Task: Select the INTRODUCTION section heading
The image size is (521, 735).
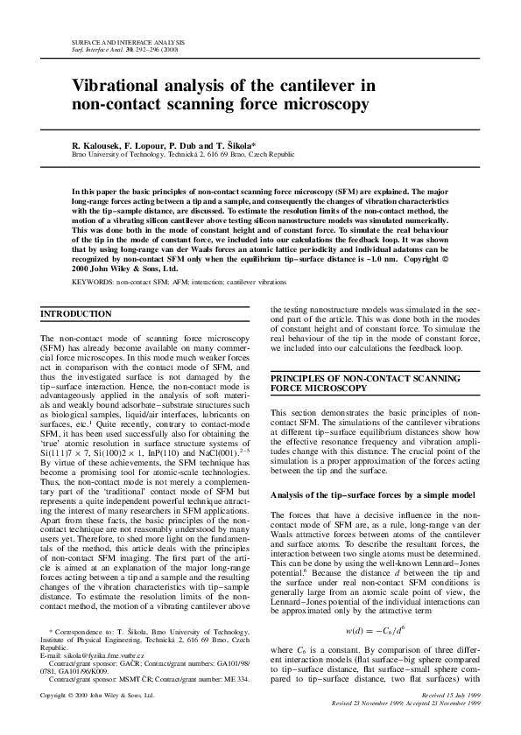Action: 77,314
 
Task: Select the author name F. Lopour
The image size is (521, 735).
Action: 144,144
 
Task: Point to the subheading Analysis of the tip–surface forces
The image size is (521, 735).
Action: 362,494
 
